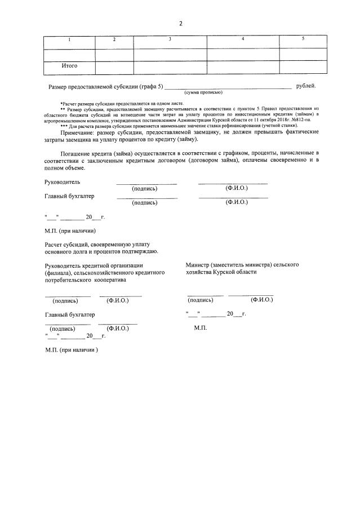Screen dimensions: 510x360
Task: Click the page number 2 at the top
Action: coord(180,24)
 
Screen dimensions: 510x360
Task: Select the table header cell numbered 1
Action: coord(69,39)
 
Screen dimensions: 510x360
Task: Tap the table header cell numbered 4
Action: coord(242,39)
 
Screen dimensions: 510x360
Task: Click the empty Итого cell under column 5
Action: coord(303,67)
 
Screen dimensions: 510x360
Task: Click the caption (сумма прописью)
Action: coord(203,92)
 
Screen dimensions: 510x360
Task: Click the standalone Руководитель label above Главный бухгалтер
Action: coord(63,182)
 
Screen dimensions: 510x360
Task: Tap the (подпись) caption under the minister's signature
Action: coord(200,300)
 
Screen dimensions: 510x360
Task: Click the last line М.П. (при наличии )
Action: coord(72,350)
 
